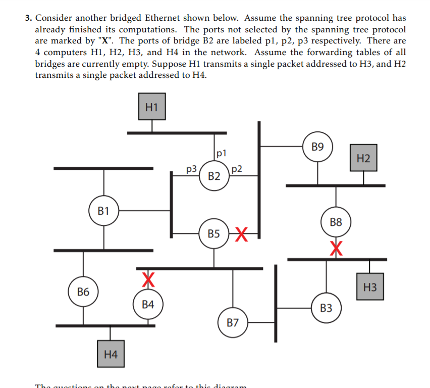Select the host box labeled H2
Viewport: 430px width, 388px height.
[x=363, y=158]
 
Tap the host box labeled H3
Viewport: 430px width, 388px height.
[x=369, y=287]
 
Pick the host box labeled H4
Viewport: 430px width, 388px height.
[x=111, y=354]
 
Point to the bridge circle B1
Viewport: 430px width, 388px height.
[x=103, y=210]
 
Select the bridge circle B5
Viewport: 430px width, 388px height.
[x=213, y=233]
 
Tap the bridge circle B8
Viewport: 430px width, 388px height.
[x=336, y=221]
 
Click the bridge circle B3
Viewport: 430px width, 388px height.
[x=326, y=308]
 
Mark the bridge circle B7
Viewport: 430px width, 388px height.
[x=233, y=322]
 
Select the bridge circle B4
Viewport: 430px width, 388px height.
[x=148, y=304]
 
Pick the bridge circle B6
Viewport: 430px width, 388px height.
[x=83, y=292]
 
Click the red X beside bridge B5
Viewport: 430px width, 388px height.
[x=241, y=234]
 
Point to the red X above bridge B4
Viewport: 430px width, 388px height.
[x=147, y=278]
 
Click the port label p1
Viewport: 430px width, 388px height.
[x=222, y=152]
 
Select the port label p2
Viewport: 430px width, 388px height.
[x=237, y=169]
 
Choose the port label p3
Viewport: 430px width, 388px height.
[x=192, y=169]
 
